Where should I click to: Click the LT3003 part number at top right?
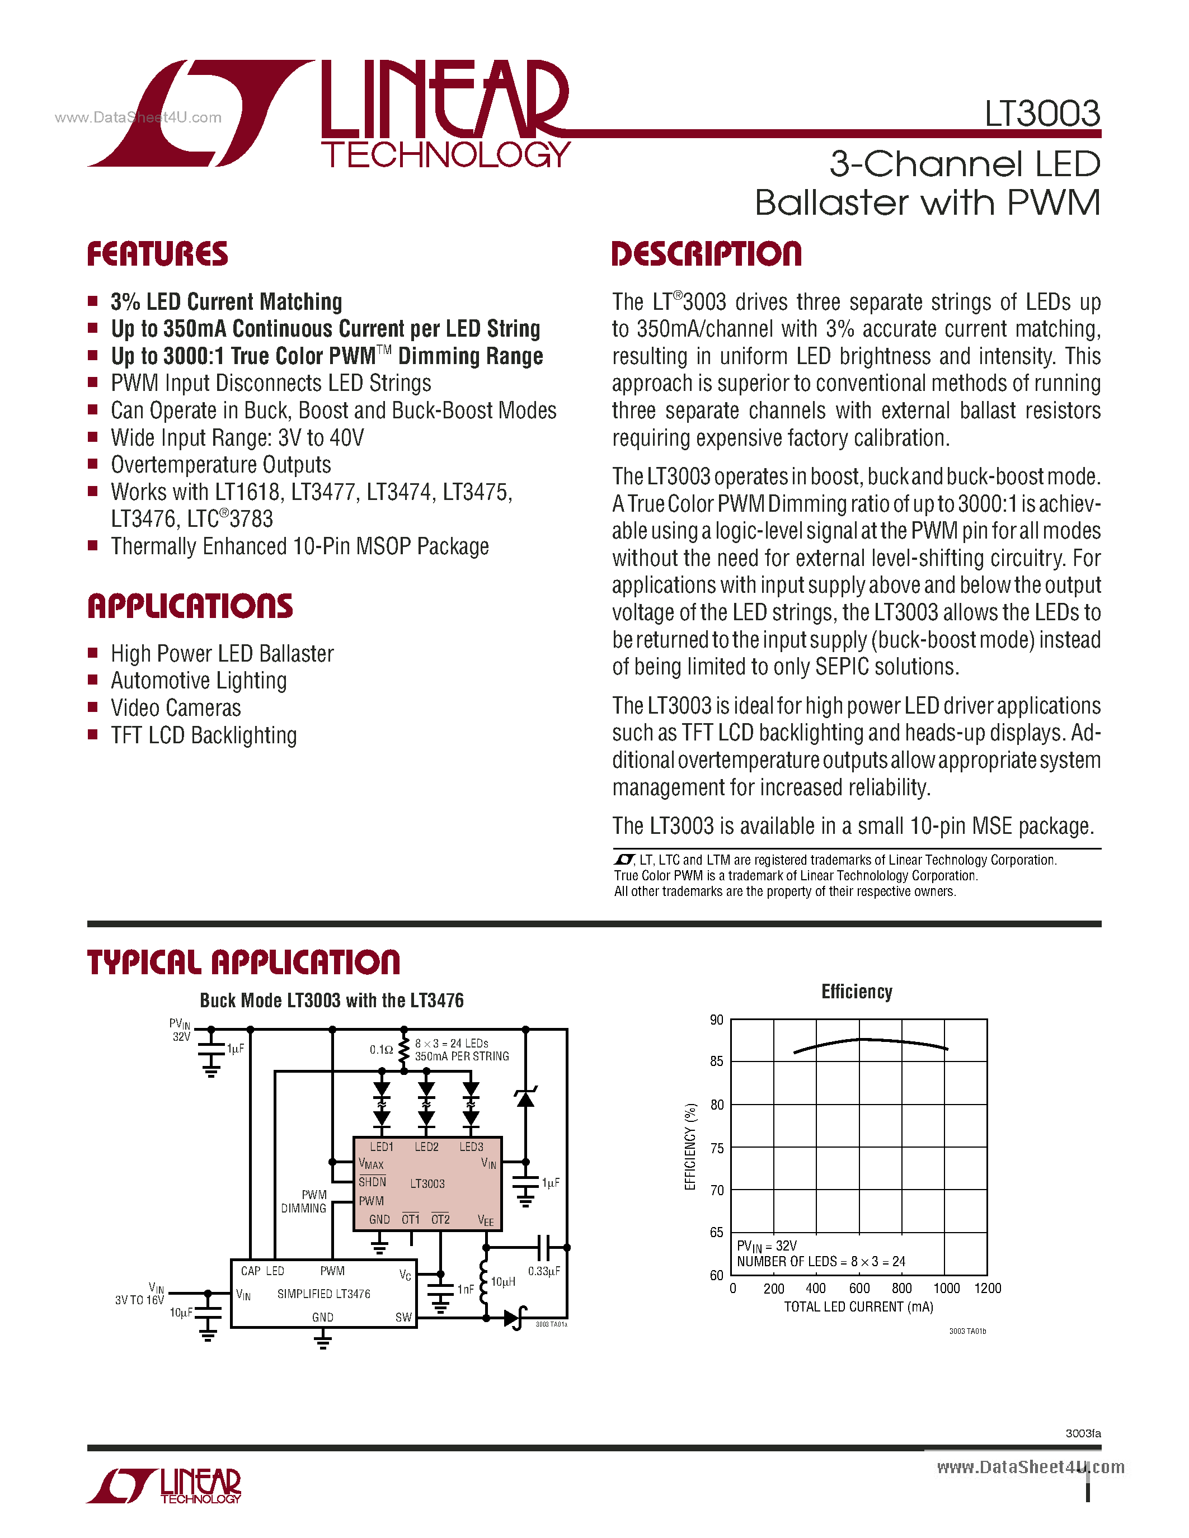point(1042,114)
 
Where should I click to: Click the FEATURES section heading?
point(158,254)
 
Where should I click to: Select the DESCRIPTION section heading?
point(707,254)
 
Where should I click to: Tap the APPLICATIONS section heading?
point(190,606)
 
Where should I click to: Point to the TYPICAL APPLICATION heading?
point(244,963)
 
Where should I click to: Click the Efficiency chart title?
point(857,992)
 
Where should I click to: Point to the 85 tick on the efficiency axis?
point(716,1061)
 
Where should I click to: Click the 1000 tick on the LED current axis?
point(946,1289)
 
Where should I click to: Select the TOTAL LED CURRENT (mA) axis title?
point(859,1307)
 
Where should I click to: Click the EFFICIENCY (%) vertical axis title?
point(690,1147)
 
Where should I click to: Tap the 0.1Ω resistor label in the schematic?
point(381,1050)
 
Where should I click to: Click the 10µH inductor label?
point(503,1282)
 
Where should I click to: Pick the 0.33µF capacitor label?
point(544,1271)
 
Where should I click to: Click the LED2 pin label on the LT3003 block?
point(426,1147)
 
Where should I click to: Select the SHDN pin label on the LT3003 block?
point(372,1182)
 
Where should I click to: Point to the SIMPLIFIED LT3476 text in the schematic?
point(323,1294)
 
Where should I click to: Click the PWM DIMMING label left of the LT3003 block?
point(304,1201)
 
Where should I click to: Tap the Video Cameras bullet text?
point(176,707)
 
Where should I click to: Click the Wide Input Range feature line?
point(237,438)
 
